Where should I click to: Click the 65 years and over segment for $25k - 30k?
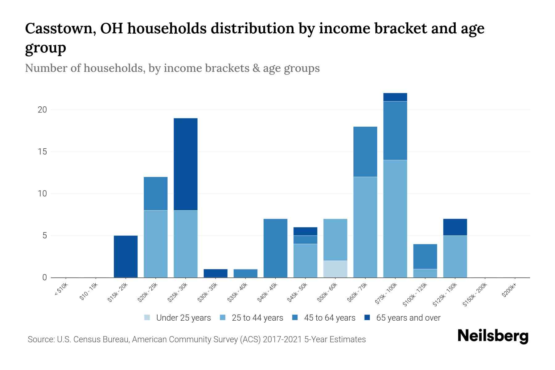pyautogui.click(x=186, y=164)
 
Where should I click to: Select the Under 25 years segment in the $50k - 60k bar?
pyautogui.click(x=335, y=269)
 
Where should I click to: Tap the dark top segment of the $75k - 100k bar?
pyautogui.click(x=395, y=97)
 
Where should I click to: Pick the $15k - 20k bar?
pyautogui.click(x=125, y=257)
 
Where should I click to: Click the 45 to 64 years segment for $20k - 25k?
pyautogui.click(x=156, y=194)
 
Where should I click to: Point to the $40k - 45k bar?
pyautogui.click(x=275, y=248)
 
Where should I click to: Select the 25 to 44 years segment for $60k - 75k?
pyautogui.click(x=365, y=227)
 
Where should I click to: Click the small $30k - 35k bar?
pyautogui.click(x=216, y=273)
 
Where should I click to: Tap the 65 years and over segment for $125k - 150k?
pyautogui.click(x=455, y=227)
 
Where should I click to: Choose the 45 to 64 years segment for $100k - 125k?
pyautogui.click(x=425, y=257)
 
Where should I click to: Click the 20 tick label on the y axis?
pyautogui.click(x=42, y=110)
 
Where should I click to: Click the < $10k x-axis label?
pyautogui.click(x=61, y=290)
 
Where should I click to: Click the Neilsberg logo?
pyautogui.click(x=493, y=336)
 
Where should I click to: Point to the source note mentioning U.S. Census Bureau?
pyautogui.click(x=196, y=339)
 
